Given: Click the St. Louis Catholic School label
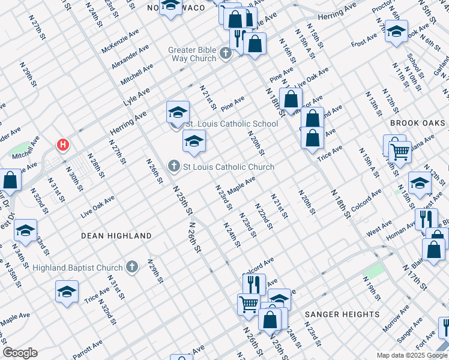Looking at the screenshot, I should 232,124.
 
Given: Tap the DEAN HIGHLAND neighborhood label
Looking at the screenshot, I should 116,236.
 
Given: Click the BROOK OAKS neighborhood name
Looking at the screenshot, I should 418,123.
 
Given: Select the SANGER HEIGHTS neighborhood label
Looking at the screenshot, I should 342,314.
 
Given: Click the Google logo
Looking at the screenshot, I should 20,353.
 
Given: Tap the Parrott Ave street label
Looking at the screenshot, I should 88,351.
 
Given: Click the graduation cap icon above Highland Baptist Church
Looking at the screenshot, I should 25,230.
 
